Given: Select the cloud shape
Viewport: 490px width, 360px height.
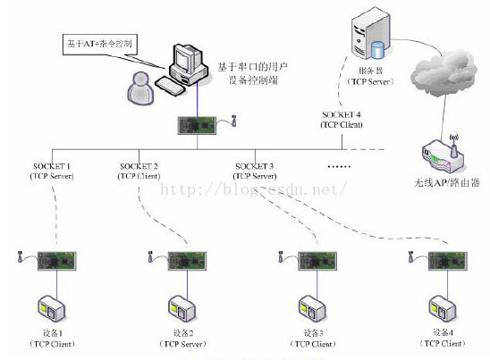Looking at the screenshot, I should click(445, 68).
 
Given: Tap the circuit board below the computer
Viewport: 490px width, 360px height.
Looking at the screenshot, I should click(198, 125).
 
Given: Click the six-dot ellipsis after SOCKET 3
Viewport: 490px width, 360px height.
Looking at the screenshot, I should click(340, 167).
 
